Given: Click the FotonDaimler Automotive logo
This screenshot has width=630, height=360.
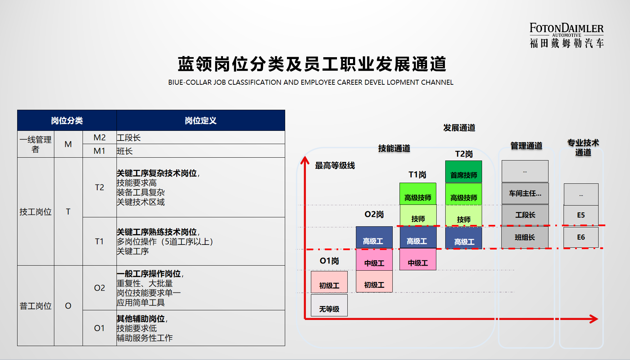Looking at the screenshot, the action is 567,35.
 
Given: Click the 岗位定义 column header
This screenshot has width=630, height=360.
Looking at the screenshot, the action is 201,120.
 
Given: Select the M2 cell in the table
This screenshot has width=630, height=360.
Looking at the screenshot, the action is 100,138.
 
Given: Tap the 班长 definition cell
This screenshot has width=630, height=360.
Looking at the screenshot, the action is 201,151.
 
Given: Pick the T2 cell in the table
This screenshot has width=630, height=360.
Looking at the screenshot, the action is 100,187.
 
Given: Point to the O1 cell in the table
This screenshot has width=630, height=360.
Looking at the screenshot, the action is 100,328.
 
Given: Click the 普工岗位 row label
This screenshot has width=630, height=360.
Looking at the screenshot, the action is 36,306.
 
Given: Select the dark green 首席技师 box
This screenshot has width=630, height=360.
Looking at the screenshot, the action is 463,172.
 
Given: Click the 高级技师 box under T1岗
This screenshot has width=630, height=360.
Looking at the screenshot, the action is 418,194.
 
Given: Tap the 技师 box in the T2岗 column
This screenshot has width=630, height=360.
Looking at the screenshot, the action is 463,216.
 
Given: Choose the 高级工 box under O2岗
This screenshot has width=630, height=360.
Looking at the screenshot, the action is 374,237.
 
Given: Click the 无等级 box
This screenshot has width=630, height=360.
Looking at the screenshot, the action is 329,305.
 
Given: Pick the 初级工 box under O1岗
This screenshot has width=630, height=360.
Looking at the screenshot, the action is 329,282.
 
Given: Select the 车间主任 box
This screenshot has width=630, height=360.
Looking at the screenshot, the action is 525,193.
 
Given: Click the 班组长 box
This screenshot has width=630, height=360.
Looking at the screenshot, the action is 525,237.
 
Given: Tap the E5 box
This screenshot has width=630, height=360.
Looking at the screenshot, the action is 581,215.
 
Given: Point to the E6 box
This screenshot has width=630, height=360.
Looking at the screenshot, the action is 581,237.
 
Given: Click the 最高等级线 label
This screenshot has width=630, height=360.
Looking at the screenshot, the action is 335,166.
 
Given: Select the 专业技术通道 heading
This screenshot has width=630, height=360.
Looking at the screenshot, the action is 583,147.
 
